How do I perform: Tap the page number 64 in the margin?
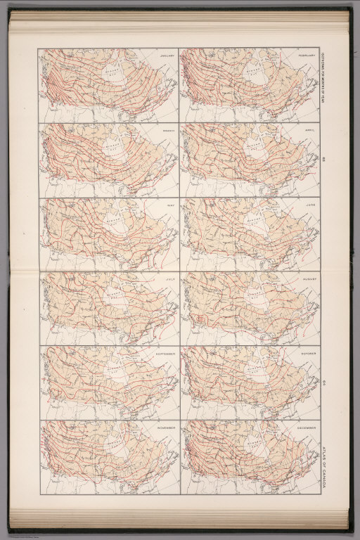(x=324, y=382)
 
